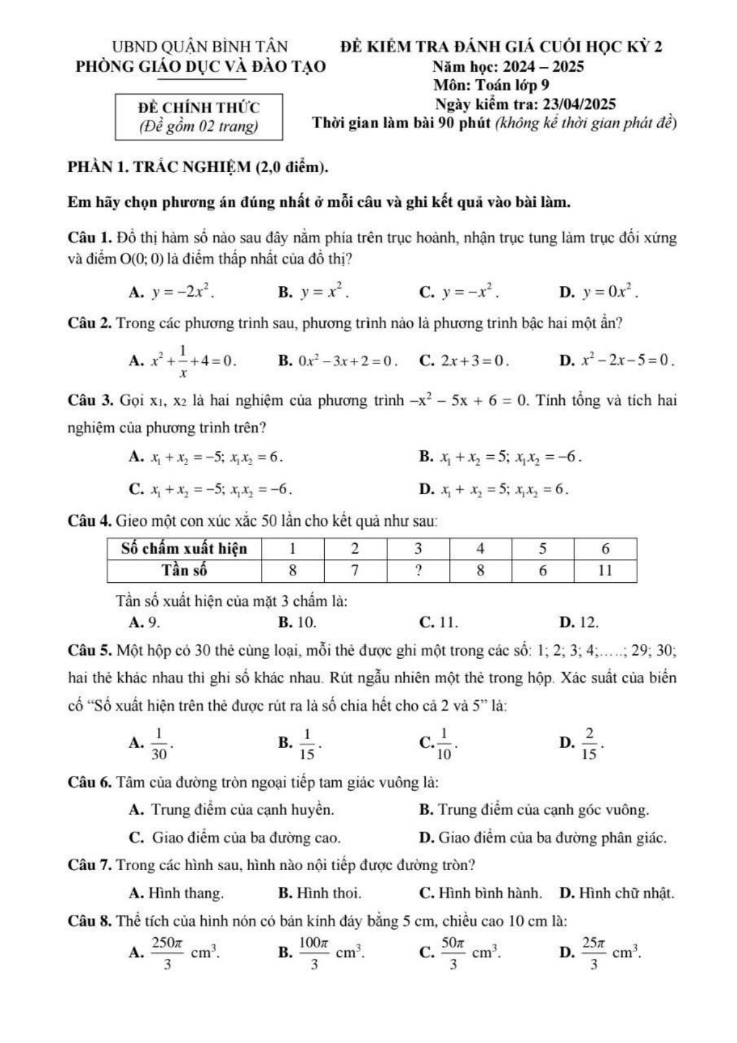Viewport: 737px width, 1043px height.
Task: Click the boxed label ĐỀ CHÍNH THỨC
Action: [199, 107]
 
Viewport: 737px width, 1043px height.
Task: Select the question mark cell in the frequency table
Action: [418, 570]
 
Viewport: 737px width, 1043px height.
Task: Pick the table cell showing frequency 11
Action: [605, 570]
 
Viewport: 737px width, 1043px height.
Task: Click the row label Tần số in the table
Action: [184, 570]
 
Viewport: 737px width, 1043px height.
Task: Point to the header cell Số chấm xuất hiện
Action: [184, 549]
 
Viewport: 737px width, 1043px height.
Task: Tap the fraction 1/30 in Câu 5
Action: [160, 743]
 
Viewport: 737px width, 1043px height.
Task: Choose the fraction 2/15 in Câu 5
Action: [590, 743]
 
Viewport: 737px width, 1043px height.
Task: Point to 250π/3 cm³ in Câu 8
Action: [184, 953]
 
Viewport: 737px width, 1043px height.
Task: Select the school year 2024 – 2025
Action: [543, 66]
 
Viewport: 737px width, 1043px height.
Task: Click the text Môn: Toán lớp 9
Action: [491, 85]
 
